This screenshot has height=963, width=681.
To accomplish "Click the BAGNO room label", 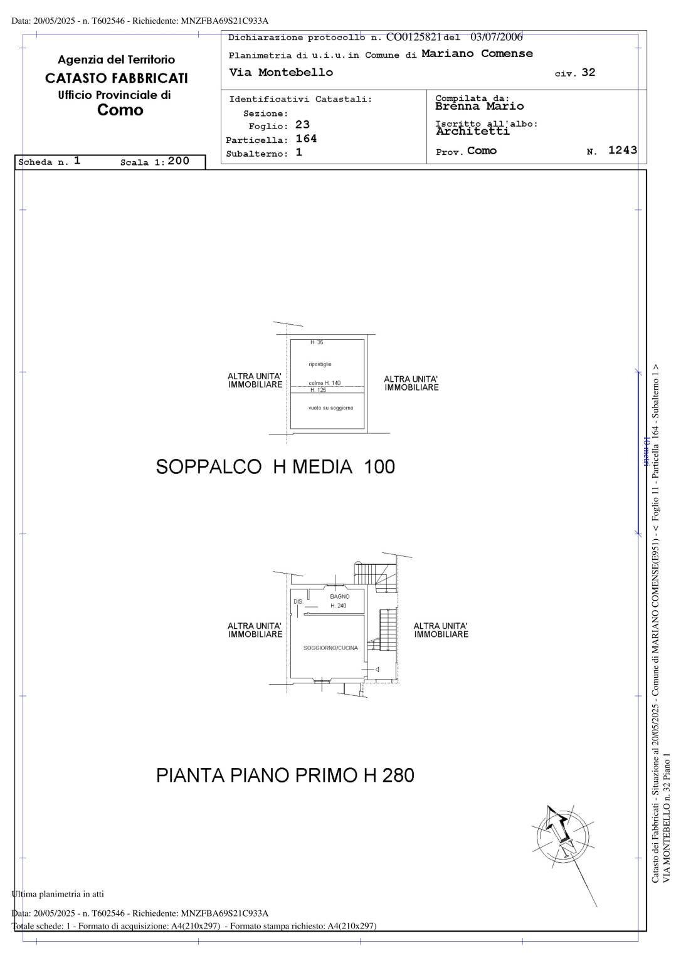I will (x=339, y=596).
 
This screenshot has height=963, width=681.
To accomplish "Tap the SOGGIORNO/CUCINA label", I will (x=330, y=648).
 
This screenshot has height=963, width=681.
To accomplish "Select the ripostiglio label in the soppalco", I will (x=320, y=364).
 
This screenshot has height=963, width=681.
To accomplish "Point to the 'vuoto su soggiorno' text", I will (x=330, y=408).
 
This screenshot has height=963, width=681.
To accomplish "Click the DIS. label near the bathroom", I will (x=298, y=602).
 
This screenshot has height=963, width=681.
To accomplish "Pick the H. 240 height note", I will (x=338, y=606).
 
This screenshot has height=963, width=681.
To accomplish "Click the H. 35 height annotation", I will (x=317, y=342).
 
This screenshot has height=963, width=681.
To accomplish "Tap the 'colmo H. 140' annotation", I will (x=324, y=382).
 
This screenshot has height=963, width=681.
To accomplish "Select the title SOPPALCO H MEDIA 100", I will (x=275, y=467).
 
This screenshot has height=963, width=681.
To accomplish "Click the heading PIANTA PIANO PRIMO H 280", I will (x=285, y=776).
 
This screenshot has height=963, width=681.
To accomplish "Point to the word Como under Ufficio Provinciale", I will (x=120, y=110).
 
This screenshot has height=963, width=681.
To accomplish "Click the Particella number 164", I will (x=306, y=139).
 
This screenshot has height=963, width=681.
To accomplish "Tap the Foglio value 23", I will (x=302, y=125).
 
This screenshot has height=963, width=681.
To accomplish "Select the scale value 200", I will (x=178, y=161).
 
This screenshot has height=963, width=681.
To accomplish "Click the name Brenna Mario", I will (x=479, y=106).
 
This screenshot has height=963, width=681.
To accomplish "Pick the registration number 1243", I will (x=622, y=150).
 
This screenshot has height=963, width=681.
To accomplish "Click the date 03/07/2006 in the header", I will (x=496, y=37).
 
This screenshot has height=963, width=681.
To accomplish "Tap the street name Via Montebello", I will (x=281, y=72).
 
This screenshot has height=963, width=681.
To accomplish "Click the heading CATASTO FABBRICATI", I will (x=117, y=78).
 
